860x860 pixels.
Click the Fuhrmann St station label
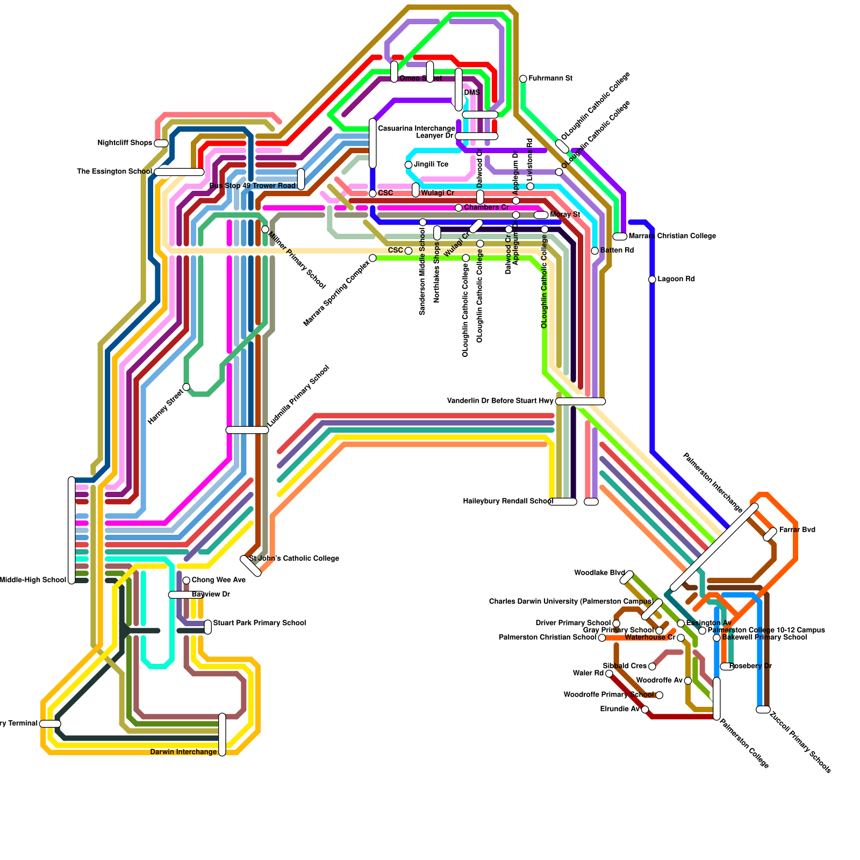click(x=550, y=78)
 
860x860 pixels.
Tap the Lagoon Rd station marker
click(x=652, y=279)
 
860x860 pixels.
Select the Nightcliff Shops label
click(x=125, y=143)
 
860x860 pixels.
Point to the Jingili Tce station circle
click(x=408, y=164)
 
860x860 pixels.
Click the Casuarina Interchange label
click(x=417, y=128)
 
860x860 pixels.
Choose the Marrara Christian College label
click(x=672, y=236)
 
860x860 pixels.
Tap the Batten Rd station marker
click(x=594, y=251)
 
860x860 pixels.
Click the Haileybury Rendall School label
click(x=508, y=501)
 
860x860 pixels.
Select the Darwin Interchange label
click(x=183, y=752)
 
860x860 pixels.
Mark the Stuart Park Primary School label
click(x=260, y=623)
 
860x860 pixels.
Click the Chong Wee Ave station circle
click(x=186, y=580)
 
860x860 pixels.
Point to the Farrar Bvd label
click(x=797, y=530)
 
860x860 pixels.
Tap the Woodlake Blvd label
click(x=599, y=573)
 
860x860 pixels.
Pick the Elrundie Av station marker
click(x=645, y=709)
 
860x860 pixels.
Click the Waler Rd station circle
click(x=609, y=673)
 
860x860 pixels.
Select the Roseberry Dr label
click(x=750, y=666)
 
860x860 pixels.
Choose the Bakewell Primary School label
click(x=764, y=637)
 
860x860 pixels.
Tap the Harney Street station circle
click(x=186, y=387)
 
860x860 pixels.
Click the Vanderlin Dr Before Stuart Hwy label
click(x=500, y=401)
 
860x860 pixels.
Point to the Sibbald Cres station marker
click(x=652, y=666)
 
